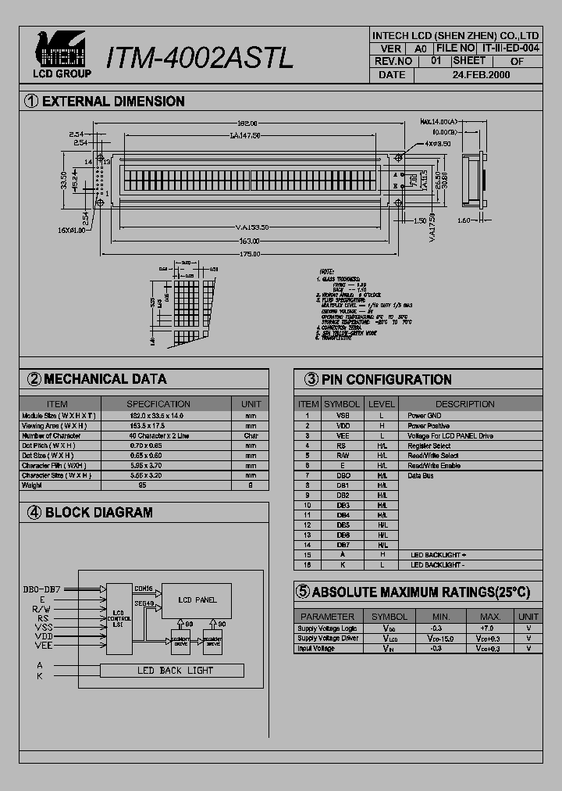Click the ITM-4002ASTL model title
point(200,57)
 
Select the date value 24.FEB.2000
point(481,75)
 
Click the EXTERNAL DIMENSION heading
point(113,102)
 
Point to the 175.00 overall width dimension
point(250,254)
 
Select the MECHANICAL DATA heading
point(105,379)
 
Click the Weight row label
point(32,485)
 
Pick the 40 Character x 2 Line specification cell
point(158,435)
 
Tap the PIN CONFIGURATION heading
point(386,380)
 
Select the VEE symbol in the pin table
point(343,435)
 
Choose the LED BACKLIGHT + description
point(438,554)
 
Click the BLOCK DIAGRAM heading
point(99,513)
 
